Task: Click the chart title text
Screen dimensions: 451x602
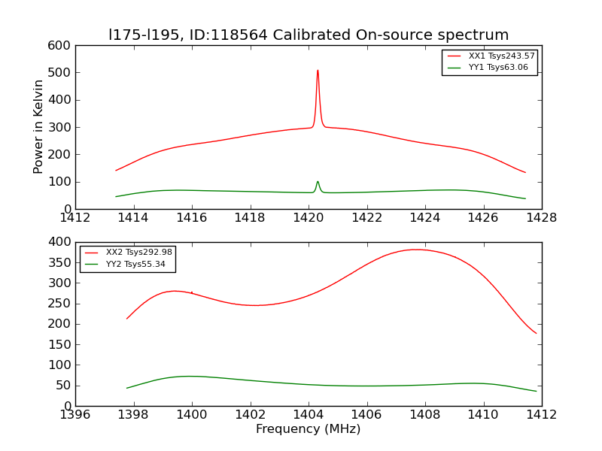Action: pyautogui.click(x=309, y=35)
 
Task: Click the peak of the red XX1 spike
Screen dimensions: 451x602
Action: pyautogui.click(x=318, y=71)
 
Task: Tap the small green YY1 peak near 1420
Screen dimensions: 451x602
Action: pyautogui.click(x=318, y=181)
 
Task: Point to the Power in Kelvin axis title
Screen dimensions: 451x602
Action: pyautogui.click(x=38, y=126)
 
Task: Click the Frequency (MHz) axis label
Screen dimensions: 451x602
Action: pyautogui.click(x=309, y=429)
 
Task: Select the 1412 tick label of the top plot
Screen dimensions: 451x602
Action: pyautogui.click(x=75, y=218)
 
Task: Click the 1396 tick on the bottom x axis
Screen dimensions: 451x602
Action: pyautogui.click(x=75, y=415)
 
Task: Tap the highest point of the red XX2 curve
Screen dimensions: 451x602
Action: pyautogui.click(x=416, y=250)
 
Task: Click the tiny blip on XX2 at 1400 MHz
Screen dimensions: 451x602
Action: pyautogui.click(x=192, y=292)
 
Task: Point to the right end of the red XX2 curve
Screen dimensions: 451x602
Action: pyautogui.click(x=537, y=333)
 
